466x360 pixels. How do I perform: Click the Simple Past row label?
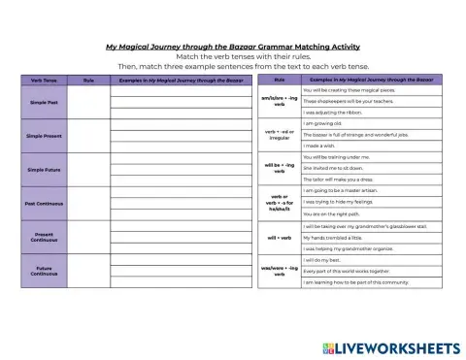click(x=44, y=102)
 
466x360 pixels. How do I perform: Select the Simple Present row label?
click(x=44, y=136)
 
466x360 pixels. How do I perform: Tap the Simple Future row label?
click(x=44, y=171)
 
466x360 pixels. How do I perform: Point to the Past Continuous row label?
click(x=44, y=204)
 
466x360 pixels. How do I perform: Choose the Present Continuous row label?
click(x=44, y=238)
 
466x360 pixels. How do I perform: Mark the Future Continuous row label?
click(x=44, y=272)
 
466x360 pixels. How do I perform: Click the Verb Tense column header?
click(x=44, y=80)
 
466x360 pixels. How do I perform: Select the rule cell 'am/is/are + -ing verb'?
click(x=280, y=101)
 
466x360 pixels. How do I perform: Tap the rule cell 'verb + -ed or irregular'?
click(x=280, y=135)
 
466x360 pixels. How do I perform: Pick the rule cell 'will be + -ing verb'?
click(x=280, y=169)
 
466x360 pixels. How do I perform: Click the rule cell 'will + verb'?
click(x=280, y=237)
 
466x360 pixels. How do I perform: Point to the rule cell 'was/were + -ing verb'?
click(x=280, y=271)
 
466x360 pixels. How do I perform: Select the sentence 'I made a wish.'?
click(x=325, y=146)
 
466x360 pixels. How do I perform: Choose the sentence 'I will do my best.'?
click(x=326, y=259)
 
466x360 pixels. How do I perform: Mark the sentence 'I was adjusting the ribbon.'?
click(x=340, y=112)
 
